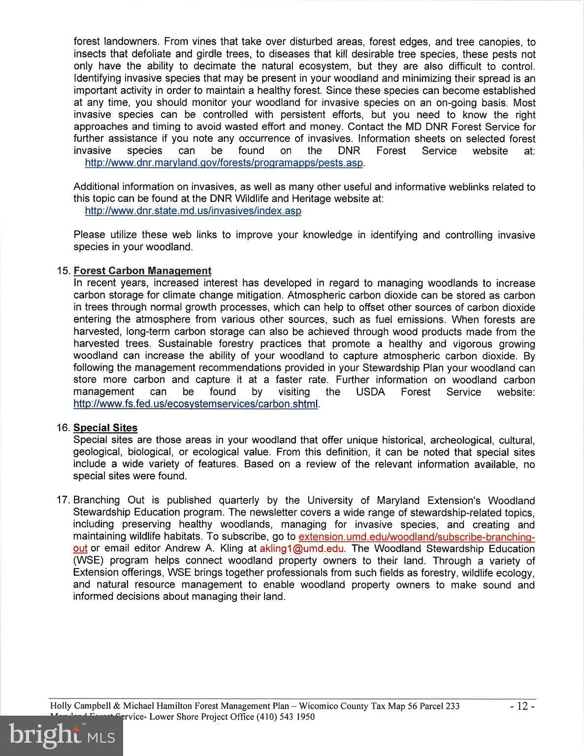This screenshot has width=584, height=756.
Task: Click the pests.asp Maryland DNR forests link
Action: pyautogui.click(x=224, y=163)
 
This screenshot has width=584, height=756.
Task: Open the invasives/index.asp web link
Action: pyautogui.click(x=193, y=211)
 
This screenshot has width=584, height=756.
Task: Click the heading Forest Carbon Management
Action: pyautogui.click(x=142, y=271)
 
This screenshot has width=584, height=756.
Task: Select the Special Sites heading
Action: pyautogui.click(x=105, y=428)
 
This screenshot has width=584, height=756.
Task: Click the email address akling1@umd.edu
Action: pyautogui.click(x=302, y=548)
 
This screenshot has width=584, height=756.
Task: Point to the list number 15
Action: pyautogui.click(x=64, y=271)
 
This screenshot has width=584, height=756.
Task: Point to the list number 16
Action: pyautogui.click(x=64, y=428)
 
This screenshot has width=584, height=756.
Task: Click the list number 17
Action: pyautogui.click(x=64, y=500)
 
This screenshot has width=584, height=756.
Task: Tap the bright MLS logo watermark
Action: pyautogui.click(x=62, y=735)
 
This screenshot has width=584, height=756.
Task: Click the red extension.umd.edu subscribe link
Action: pyautogui.click(x=417, y=536)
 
